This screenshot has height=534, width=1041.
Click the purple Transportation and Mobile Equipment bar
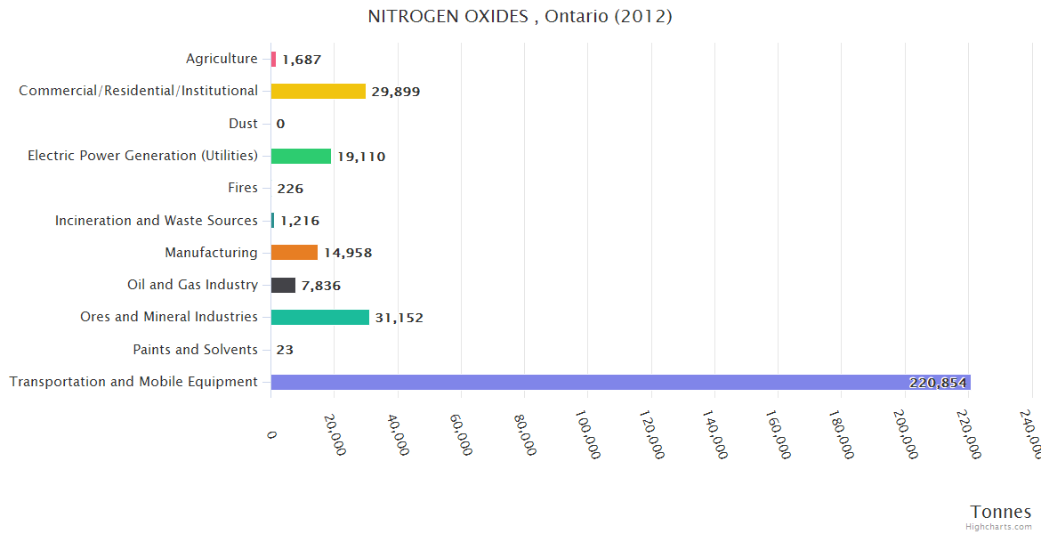click(x=587, y=382)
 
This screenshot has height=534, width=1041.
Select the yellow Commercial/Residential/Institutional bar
click(x=318, y=91)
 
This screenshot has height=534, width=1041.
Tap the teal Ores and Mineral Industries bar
click(x=319, y=317)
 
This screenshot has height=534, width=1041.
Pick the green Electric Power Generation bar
click(x=301, y=156)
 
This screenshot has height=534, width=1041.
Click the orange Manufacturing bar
click(x=294, y=253)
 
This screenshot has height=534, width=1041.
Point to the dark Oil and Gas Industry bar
click(x=283, y=285)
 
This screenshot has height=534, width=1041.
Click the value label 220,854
click(x=937, y=383)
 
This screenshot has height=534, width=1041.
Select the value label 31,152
click(x=399, y=318)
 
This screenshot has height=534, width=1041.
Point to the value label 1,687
click(x=301, y=60)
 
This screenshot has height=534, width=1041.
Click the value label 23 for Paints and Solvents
click(x=285, y=350)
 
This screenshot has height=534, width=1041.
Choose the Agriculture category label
click(x=222, y=59)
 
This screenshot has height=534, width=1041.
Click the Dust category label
click(x=243, y=124)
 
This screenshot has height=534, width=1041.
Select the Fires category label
click(x=243, y=188)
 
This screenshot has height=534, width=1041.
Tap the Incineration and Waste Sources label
click(x=156, y=220)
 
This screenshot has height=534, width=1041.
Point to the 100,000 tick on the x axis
click(x=587, y=434)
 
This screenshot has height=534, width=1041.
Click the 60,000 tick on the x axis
click(x=460, y=434)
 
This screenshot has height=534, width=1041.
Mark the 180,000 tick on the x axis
click(x=841, y=434)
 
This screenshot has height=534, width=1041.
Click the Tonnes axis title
click(x=1000, y=512)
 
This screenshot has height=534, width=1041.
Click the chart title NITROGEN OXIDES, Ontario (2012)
click(x=520, y=16)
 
